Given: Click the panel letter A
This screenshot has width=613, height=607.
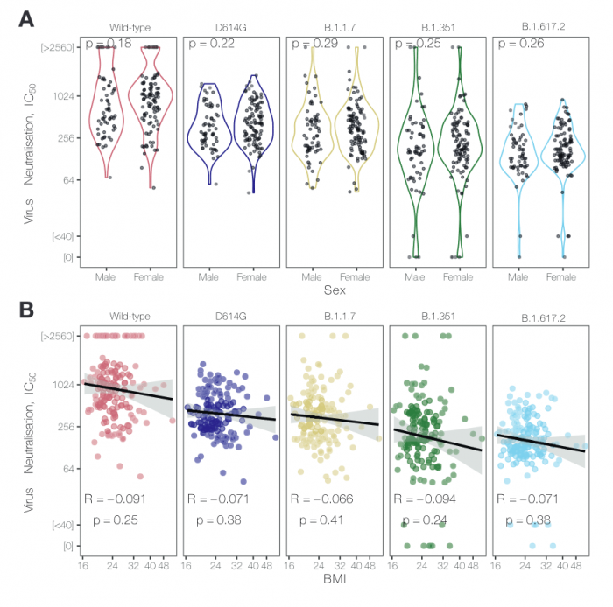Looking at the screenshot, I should click(26, 17).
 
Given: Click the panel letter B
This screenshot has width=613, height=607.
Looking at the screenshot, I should click(26, 309).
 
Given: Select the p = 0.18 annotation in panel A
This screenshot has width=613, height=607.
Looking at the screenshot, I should click(109, 43).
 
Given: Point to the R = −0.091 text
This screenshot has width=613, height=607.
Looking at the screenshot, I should click(115, 499).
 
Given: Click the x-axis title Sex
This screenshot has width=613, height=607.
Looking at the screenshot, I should click(333, 289).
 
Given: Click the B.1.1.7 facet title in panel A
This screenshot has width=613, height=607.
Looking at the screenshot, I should click(333, 26).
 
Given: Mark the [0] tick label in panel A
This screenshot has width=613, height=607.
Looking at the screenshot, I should click(67, 257).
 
